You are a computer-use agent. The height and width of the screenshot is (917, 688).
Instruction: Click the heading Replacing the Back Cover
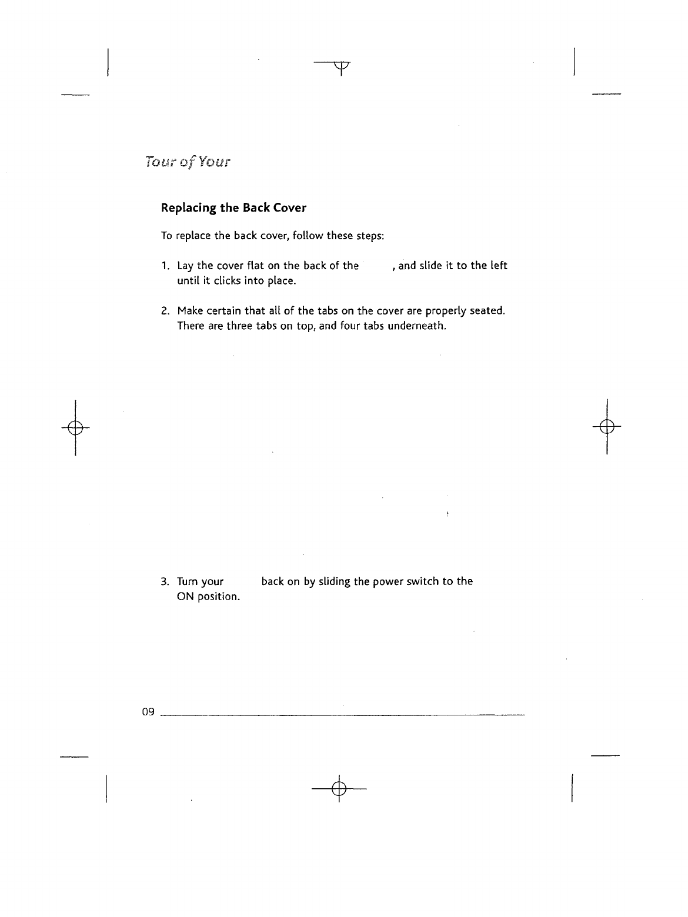click(233, 208)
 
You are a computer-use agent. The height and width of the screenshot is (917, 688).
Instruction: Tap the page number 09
click(148, 712)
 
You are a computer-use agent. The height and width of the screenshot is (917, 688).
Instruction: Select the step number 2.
click(165, 310)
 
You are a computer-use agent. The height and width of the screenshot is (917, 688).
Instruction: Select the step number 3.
click(165, 582)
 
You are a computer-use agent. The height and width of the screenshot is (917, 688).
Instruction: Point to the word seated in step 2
click(488, 310)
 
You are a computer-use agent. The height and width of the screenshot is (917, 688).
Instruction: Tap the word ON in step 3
click(186, 597)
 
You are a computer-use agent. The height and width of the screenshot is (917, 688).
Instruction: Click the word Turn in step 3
click(188, 582)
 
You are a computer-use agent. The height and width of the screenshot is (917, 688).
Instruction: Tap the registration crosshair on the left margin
click(75, 426)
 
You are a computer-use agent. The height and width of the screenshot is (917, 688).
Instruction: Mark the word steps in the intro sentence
click(370, 236)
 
